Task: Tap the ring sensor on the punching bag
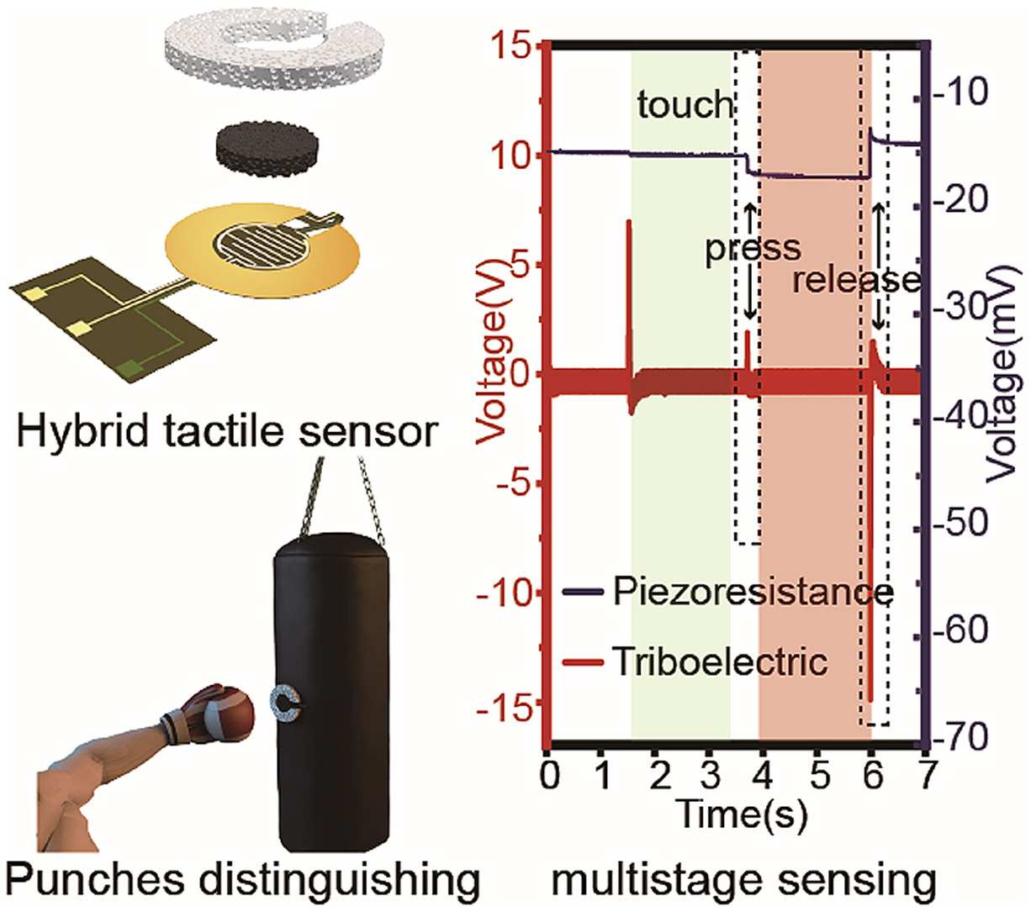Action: pyautogui.click(x=287, y=703)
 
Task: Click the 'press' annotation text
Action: pyautogui.click(x=753, y=249)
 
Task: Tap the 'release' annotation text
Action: pyautogui.click(x=856, y=280)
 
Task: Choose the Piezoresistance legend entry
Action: pyautogui.click(x=751, y=592)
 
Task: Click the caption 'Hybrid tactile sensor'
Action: pyautogui.click(x=227, y=432)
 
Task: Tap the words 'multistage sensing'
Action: pyautogui.click(x=743, y=882)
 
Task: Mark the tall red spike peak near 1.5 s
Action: pyautogui.click(x=628, y=222)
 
